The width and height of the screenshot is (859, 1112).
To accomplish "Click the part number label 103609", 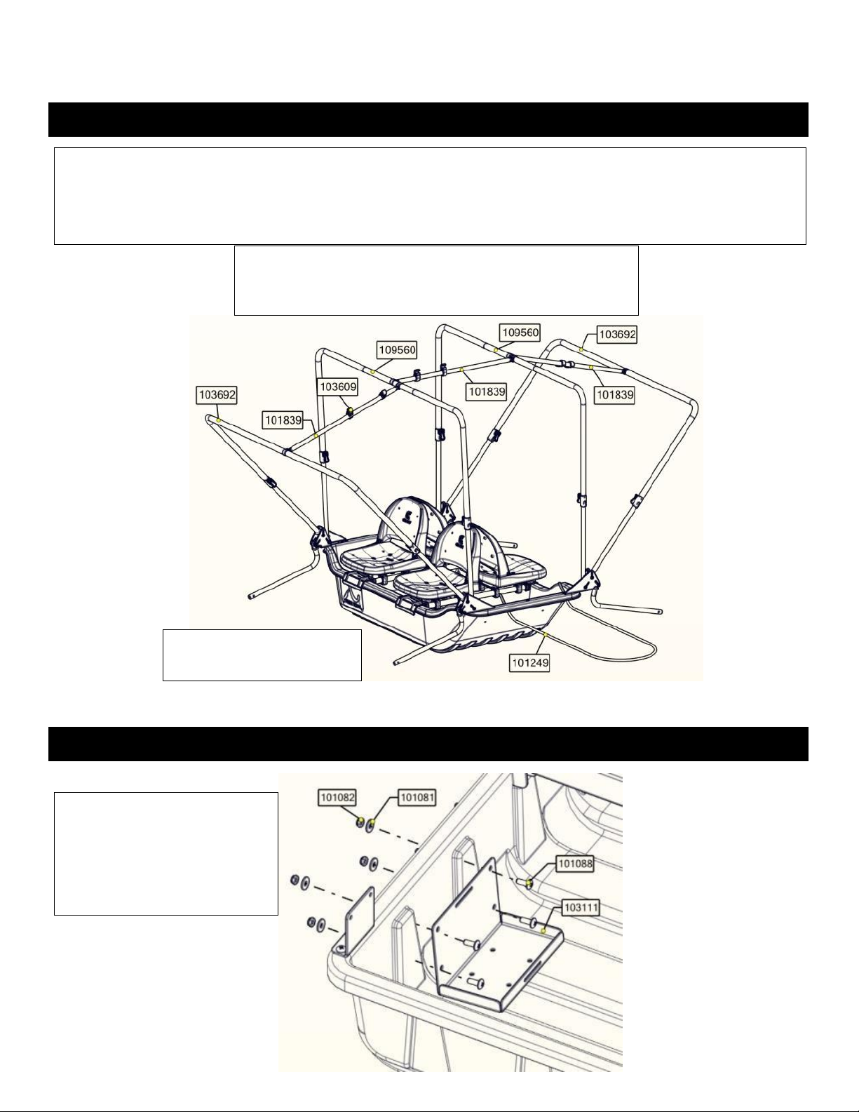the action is click(x=337, y=387).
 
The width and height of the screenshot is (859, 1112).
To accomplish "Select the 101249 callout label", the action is click(x=530, y=663).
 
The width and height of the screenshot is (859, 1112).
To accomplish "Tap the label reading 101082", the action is click(x=337, y=797).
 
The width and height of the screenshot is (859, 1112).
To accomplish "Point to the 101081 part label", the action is click(x=417, y=797).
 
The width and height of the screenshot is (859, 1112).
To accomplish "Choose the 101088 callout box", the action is click(x=575, y=864).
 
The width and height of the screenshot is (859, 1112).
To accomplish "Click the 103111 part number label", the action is click(x=581, y=908).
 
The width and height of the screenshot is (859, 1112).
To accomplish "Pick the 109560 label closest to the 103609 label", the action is click(x=397, y=350).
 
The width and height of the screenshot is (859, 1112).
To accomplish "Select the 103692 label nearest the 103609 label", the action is click(x=218, y=395).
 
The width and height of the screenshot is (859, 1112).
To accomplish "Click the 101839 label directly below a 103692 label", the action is click(x=615, y=395).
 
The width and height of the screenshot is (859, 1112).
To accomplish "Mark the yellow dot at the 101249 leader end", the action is click(x=546, y=634).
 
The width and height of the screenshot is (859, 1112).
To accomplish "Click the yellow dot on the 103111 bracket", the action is click(x=543, y=931).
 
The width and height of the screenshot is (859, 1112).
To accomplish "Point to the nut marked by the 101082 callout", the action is click(x=360, y=822).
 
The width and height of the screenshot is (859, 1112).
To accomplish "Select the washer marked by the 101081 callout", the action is click(x=371, y=824).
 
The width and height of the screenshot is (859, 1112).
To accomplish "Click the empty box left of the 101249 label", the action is click(x=262, y=655).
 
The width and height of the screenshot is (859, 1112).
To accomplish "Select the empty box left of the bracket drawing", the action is click(x=165, y=854).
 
